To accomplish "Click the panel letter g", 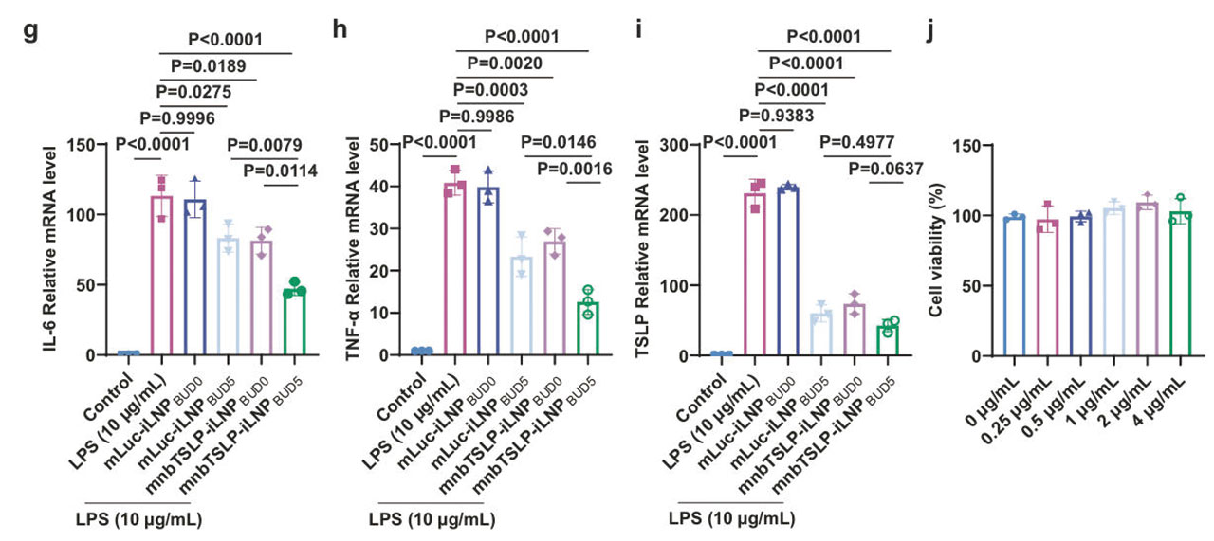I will tap(30, 29).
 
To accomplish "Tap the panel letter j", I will tap(930, 29).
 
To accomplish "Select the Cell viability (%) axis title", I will tap(935, 251).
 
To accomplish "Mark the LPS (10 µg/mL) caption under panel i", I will tap(731, 519).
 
